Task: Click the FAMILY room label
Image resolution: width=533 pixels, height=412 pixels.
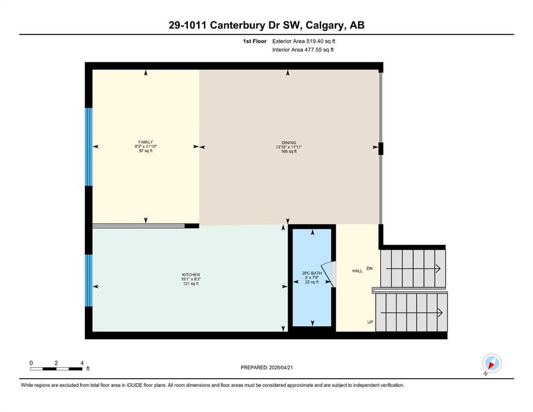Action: [145, 142]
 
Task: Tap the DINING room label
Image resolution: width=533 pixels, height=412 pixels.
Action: [289, 143]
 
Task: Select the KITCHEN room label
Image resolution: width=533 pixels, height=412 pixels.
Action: [191, 275]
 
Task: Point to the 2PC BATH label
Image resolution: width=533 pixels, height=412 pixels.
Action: [312, 273]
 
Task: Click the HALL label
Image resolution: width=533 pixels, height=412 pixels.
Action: [357, 271]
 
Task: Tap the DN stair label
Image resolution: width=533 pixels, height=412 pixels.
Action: [369, 268]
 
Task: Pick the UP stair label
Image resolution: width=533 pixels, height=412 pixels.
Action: [370, 322]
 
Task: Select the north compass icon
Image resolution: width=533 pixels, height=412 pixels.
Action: [492, 364]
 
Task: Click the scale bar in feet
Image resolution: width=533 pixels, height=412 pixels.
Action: [56, 369]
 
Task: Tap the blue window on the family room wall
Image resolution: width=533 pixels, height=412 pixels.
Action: [89, 147]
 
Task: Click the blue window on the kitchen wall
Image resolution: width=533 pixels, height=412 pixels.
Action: [89, 281]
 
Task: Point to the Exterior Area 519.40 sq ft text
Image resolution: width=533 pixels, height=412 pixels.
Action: [304, 41]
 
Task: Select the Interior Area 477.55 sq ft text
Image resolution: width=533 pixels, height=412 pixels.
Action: [303, 49]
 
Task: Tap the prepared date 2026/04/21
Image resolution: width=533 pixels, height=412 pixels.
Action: [281, 367]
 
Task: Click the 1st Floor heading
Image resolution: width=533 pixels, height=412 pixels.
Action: [254, 41]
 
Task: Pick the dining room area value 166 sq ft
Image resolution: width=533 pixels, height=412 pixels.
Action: [289, 151]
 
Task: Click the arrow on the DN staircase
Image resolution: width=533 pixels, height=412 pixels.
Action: [413, 269]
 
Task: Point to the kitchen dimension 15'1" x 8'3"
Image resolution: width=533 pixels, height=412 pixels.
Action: [191, 279]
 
